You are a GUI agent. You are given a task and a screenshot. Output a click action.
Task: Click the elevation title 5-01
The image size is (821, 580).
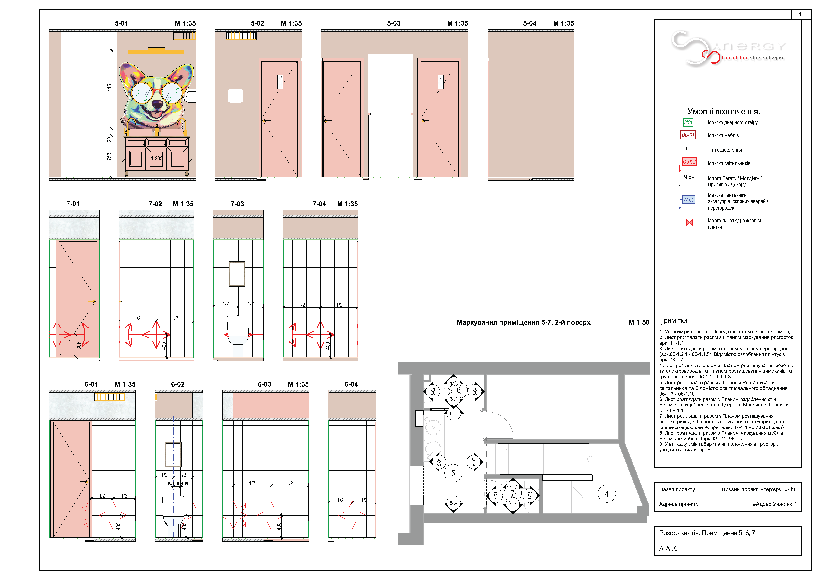coord(121,23)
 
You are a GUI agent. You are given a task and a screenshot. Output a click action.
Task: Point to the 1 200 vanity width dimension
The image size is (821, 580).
coord(156,158)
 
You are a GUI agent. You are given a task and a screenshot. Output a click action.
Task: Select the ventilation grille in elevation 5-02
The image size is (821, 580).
coord(241,36)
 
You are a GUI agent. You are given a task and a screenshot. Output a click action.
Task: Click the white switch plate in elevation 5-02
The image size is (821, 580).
coord(235,96)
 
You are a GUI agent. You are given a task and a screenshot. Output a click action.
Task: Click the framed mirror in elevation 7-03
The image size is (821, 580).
coord(237,274)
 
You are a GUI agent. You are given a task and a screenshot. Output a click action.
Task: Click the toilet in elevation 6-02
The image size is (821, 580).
coord(173,511)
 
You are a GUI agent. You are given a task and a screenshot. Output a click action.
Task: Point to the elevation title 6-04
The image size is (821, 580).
coord(351,384)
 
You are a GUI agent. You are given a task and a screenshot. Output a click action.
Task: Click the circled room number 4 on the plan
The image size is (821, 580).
coord(607,494)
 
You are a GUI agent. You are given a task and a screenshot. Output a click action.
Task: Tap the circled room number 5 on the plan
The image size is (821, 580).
coord(453,474)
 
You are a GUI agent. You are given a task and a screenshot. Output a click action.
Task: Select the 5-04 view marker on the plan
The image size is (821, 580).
coord(453,503)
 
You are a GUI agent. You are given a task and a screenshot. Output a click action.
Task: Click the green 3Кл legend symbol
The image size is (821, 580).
coord(688,122)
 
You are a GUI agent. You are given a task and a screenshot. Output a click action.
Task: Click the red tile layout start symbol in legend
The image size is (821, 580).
coord(689,223)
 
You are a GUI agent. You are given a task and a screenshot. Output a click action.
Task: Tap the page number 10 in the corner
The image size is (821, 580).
coord(801,15)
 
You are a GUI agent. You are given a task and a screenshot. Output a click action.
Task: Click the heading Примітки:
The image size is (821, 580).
coord(674,321)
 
